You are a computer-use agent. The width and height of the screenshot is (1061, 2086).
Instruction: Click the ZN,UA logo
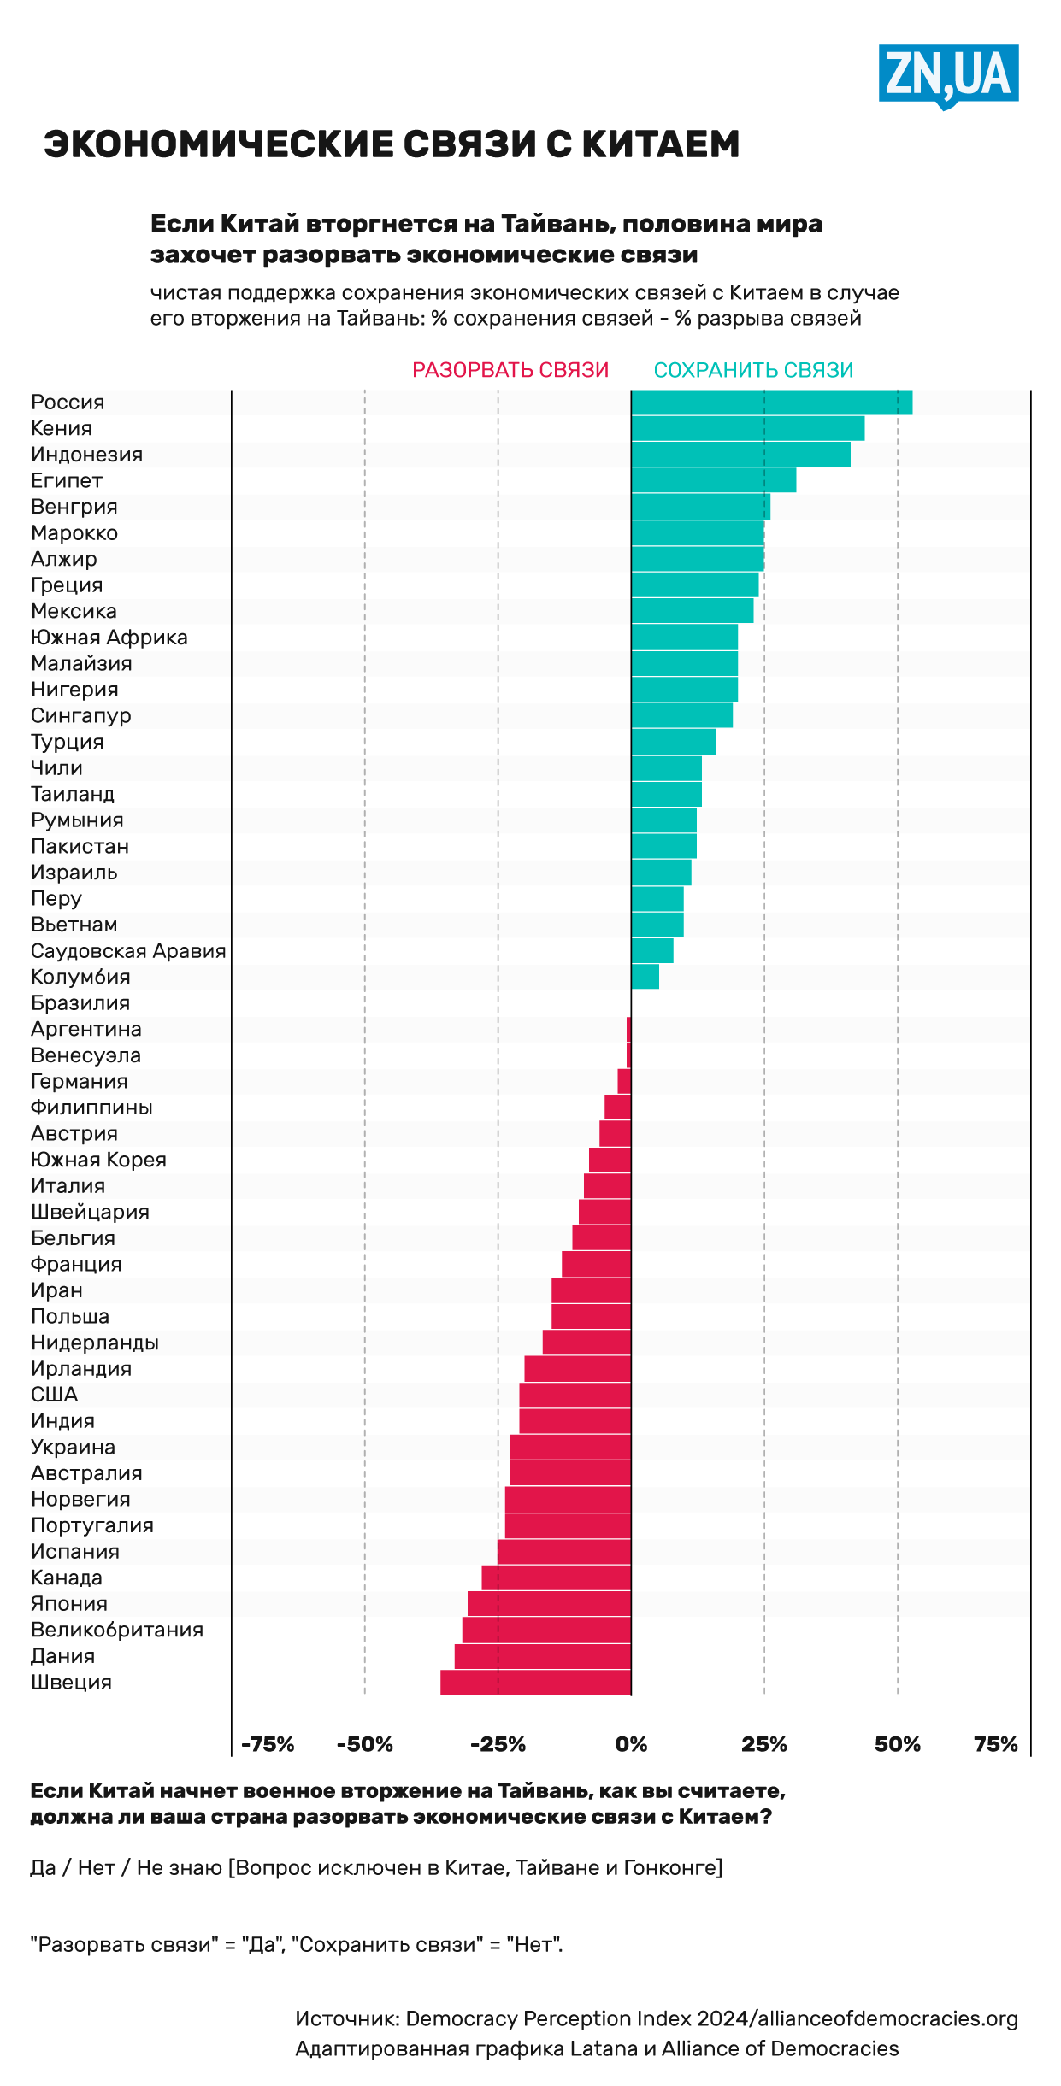click(948, 75)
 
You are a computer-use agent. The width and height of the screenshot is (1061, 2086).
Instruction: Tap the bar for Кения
click(747, 429)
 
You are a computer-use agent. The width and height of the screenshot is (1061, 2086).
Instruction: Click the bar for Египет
click(713, 481)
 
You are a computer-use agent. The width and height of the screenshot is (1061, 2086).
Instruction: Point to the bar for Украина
click(570, 1448)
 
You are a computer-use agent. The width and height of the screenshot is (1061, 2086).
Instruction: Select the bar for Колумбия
click(645, 977)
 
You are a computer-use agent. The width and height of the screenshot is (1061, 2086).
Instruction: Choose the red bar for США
click(575, 1396)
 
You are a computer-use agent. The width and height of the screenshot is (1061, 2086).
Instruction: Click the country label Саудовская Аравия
click(128, 951)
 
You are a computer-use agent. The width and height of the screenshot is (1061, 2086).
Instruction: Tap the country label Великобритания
click(117, 1630)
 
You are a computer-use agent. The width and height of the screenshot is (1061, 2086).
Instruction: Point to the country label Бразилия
click(80, 1003)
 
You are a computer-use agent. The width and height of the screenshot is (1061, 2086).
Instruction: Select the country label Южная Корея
click(98, 1160)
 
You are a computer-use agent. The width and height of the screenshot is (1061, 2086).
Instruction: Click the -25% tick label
click(498, 1744)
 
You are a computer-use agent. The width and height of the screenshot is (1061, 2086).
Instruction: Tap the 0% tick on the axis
click(631, 1744)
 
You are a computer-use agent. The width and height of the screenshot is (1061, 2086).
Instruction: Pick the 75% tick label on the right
click(995, 1744)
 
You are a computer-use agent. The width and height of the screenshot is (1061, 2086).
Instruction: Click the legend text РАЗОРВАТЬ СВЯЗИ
click(510, 370)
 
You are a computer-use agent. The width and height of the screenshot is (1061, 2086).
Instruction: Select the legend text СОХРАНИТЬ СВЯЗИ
click(753, 370)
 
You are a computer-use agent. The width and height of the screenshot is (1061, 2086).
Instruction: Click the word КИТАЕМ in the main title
click(660, 144)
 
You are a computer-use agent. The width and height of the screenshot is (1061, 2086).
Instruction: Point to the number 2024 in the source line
click(722, 2018)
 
